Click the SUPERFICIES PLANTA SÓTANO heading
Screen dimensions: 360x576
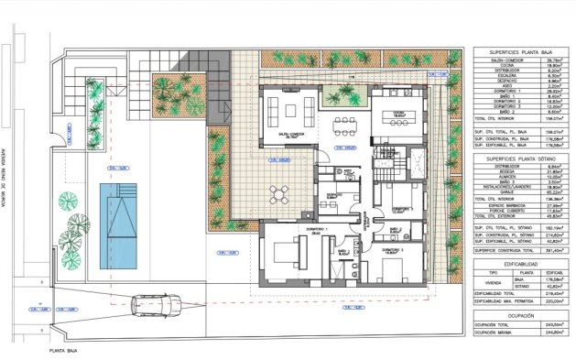[516, 158]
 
